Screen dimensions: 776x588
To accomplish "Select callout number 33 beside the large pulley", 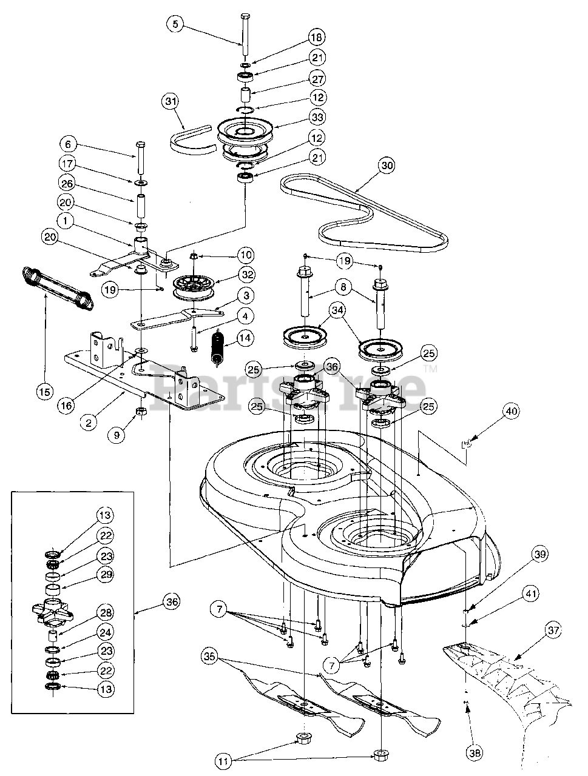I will pos(319,116).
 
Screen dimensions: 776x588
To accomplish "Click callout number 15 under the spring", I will pos(43,392).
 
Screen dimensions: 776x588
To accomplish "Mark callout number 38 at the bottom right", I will pos(475,753).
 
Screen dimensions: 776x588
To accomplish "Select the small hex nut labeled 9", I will pos(140,412).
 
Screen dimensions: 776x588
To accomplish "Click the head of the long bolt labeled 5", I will pos(245,16).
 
